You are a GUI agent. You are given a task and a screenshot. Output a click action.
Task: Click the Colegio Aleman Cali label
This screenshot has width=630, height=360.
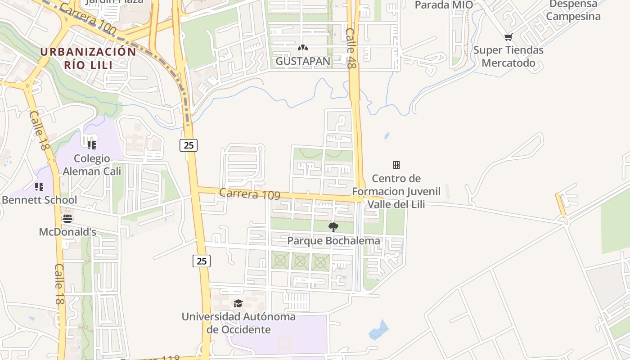click(92, 165)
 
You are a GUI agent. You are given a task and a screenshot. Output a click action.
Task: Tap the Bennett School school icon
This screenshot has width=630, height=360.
click(39, 186)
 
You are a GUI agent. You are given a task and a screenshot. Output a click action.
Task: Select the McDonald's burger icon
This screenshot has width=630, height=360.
click(67, 219)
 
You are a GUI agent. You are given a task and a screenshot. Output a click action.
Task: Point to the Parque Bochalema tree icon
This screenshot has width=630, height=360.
click(333, 227)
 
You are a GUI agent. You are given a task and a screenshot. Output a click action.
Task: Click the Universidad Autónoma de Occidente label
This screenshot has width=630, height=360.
click(238, 323)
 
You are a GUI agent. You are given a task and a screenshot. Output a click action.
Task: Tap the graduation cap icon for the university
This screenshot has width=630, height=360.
click(238, 303)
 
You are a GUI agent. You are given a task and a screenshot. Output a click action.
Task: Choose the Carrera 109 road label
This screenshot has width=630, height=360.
click(249, 194)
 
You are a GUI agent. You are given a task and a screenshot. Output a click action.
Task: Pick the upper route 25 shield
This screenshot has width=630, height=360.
click(189, 145)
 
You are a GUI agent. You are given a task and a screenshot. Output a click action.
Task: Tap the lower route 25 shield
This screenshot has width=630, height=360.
click(202, 261)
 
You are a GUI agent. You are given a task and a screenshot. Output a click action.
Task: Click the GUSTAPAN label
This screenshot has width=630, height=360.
click(303, 61)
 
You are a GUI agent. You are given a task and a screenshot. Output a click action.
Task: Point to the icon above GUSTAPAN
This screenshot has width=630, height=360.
click(303, 47)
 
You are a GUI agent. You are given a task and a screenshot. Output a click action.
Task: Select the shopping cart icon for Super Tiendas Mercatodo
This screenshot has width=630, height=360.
click(508, 37)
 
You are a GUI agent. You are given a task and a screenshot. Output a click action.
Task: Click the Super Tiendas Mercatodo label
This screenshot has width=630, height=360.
click(508, 56)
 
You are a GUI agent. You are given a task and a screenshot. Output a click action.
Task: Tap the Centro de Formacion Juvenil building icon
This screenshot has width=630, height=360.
click(396, 165)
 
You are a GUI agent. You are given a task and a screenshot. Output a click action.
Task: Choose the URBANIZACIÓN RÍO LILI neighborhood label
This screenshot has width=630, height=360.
click(88, 58)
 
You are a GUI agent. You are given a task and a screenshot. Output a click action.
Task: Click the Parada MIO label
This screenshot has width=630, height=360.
click(444, 5)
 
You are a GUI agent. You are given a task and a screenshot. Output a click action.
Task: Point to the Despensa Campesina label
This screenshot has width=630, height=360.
click(573, 10)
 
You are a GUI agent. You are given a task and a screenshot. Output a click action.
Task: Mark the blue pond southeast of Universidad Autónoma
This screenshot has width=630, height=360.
click(378, 331)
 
